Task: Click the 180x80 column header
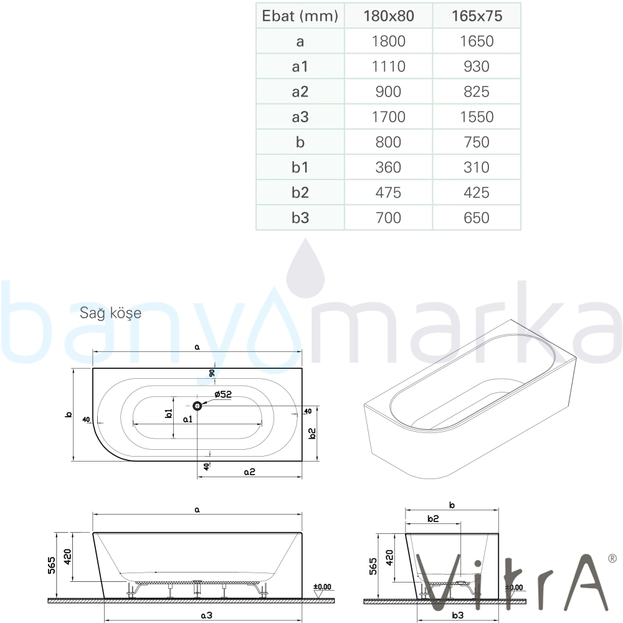click(x=389, y=16)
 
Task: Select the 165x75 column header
click(x=477, y=16)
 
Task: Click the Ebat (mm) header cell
click(x=300, y=16)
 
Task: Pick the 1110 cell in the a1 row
click(x=389, y=67)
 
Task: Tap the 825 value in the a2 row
click(x=477, y=92)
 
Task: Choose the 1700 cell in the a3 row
click(x=389, y=117)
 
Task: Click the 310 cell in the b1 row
click(x=477, y=167)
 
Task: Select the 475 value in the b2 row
click(x=389, y=193)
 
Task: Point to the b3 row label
click(x=300, y=217)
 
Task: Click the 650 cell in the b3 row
click(x=477, y=217)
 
